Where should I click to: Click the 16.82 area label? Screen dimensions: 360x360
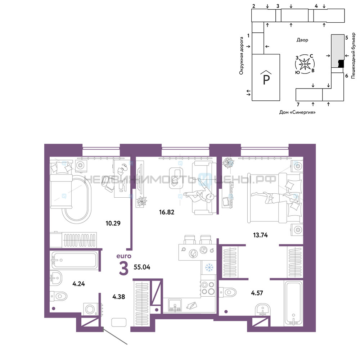[x=167, y=212]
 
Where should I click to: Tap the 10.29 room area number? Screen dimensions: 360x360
[x=113, y=223]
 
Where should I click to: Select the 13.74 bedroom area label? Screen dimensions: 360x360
[x=260, y=235]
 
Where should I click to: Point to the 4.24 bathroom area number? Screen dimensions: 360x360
[x=78, y=284]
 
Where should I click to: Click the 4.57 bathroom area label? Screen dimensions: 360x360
[x=257, y=293]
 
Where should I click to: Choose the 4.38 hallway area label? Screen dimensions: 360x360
[x=119, y=297]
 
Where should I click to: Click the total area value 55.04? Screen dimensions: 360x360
[x=142, y=267]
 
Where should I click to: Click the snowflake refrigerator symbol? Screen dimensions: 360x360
[x=209, y=267]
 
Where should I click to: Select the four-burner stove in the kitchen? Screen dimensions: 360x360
[x=208, y=288]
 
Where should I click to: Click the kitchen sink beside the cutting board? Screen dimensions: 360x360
[x=175, y=305]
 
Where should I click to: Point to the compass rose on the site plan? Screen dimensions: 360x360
[x=305, y=64]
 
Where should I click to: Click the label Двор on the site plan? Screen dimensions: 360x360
[x=302, y=40]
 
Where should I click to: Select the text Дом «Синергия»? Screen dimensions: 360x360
[x=297, y=112]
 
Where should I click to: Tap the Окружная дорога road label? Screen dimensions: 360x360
[x=241, y=56]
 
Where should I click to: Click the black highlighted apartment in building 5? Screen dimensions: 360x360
[x=341, y=63]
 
